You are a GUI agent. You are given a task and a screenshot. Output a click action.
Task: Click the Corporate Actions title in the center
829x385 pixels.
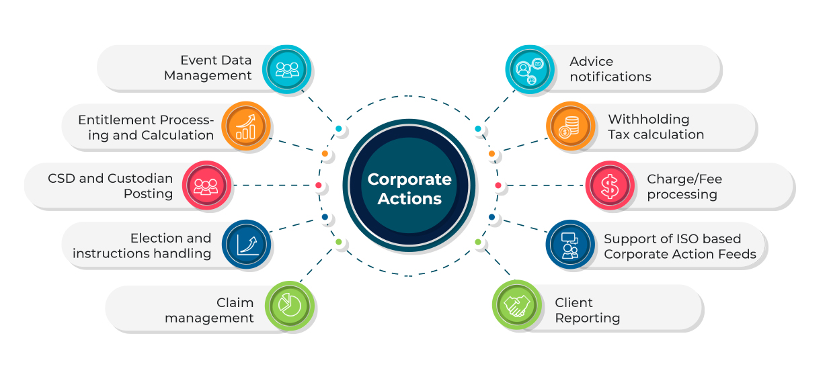coord(409,189)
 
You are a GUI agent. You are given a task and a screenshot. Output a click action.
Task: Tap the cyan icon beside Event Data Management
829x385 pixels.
coord(287,69)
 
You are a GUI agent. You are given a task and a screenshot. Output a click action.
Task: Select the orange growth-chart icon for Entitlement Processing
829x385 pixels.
coord(245,126)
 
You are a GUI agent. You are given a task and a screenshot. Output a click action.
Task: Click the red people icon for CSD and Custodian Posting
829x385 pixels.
coord(206,185)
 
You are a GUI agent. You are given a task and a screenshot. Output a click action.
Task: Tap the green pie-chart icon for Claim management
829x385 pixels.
coord(289,306)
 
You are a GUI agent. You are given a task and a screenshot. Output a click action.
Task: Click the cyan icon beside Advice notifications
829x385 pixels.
coord(529,69)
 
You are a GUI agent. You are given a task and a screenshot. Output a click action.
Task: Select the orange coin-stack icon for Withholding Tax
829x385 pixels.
coord(570,126)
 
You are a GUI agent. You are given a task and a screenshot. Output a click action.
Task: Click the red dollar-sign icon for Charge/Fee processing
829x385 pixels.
coord(609,185)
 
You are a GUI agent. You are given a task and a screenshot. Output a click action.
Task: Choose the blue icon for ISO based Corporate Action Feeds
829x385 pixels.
coord(569,245)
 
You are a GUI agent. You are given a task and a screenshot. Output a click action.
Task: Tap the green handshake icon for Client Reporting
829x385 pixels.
coord(517,306)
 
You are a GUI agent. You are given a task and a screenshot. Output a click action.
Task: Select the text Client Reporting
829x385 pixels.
coord(587,310)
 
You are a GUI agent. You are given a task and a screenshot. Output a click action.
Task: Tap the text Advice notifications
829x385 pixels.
coord(610,69)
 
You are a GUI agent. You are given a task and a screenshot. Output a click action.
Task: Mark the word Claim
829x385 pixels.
coord(235,302)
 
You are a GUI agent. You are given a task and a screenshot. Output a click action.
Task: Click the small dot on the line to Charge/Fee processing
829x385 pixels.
coord(498,185)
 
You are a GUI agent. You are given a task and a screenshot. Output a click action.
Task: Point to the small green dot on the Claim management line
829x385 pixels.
coord(338,242)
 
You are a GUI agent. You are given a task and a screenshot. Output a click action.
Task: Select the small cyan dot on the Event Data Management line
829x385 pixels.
coord(338,128)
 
